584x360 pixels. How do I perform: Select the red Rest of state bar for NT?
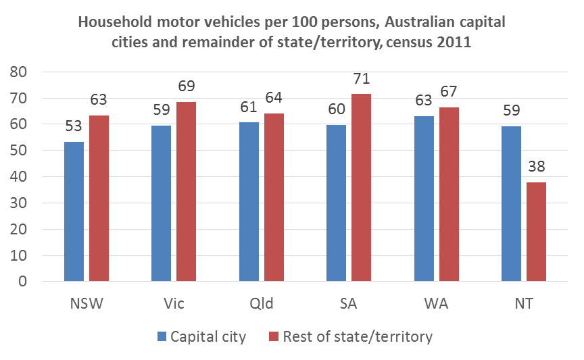[x=536, y=232]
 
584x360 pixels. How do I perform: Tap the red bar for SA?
[x=361, y=187]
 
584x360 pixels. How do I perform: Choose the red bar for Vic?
[x=186, y=191]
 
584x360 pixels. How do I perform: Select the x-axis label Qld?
[x=261, y=303]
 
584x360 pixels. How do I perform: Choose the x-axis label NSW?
[x=87, y=303]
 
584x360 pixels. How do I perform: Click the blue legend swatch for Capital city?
[x=161, y=336]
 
